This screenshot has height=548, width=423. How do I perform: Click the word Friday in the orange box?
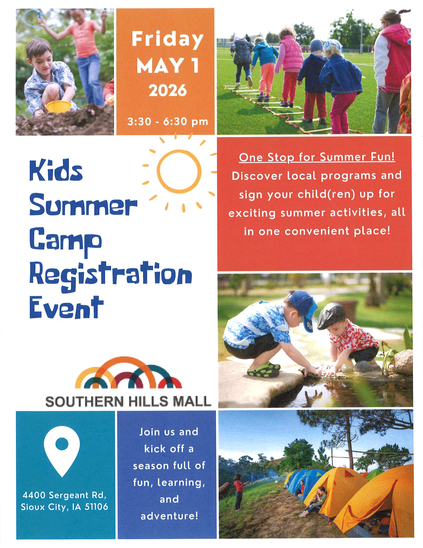point(167,40)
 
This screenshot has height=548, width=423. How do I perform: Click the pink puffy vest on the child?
point(292,54)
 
